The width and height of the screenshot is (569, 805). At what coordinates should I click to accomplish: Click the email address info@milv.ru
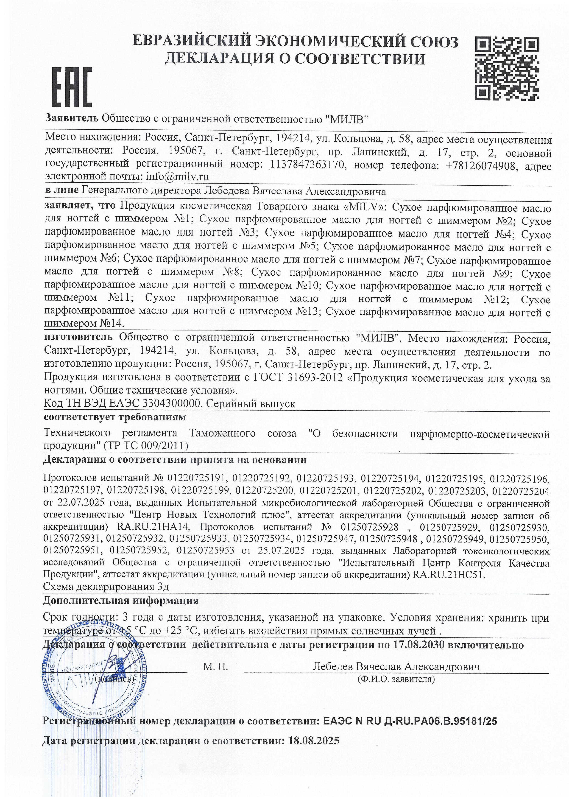point(177,177)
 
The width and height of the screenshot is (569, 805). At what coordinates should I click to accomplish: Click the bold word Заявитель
point(72,118)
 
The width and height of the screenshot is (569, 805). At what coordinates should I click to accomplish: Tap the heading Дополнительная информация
point(121,601)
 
